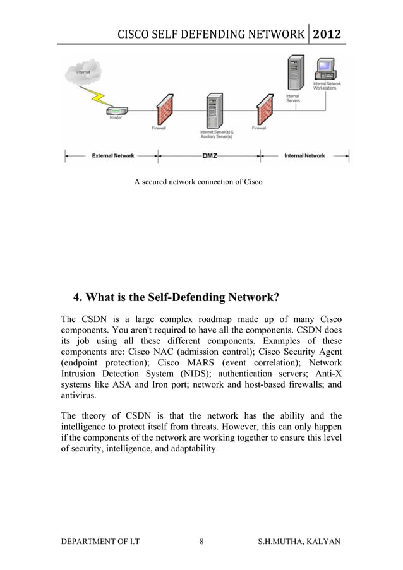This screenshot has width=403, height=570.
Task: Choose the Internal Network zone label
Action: pos(304,155)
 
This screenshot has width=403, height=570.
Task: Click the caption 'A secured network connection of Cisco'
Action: pos(198,182)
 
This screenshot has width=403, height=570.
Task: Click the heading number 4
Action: pos(77,298)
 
